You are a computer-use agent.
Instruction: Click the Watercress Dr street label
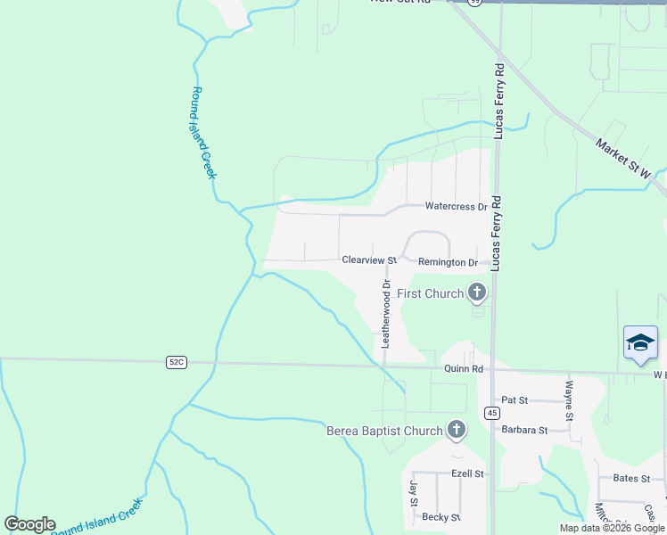456,207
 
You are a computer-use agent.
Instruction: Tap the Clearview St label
368,260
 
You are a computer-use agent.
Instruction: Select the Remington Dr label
454,262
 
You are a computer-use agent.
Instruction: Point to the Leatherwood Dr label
386,314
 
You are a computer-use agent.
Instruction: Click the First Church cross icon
477,292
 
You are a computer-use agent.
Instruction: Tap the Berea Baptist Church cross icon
457,431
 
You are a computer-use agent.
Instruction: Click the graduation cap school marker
640,342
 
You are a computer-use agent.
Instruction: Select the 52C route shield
177,362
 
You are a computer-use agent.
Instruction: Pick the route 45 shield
492,413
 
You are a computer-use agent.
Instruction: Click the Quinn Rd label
464,369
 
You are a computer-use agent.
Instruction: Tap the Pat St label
515,400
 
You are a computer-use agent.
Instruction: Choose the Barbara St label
523,430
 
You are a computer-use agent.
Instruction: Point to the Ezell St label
467,473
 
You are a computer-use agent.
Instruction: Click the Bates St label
634,478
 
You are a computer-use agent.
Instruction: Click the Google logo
29,524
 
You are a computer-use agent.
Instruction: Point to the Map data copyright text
611,528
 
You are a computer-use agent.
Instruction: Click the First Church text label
431,293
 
